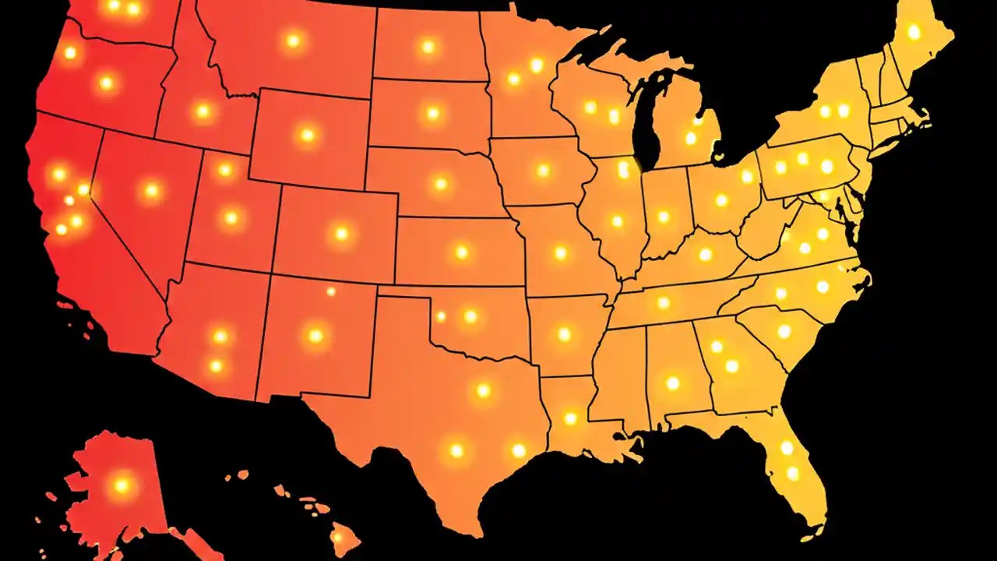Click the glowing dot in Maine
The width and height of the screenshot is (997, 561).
[914, 32]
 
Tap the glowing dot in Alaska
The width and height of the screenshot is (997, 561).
[121, 485]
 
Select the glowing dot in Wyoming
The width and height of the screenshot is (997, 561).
[307, 135]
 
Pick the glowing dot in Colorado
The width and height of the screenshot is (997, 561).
[340, 233]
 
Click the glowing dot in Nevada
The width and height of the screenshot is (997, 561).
[151, 189]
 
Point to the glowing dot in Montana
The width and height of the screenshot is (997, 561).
[293, 41]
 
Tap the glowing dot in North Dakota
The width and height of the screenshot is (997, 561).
[427, 47]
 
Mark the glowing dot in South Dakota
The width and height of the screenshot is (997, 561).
[432, 113]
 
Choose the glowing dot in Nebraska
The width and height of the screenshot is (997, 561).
[440, 184]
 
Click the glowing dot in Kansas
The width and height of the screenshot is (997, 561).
[461, 252]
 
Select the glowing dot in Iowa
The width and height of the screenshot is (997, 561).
[543, 170]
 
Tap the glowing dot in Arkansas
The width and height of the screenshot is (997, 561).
[564, 334]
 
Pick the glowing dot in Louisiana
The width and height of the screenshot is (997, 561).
[570, 418]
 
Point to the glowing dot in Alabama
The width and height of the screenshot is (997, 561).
[672, 383]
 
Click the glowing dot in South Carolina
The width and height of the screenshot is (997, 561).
[784, 331]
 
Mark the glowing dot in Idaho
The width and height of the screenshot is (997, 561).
[203, 111]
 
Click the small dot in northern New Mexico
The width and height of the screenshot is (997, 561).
[330, 291]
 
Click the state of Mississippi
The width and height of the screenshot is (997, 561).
[620, 374]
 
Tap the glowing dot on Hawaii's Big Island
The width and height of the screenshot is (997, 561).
[340, 537]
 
